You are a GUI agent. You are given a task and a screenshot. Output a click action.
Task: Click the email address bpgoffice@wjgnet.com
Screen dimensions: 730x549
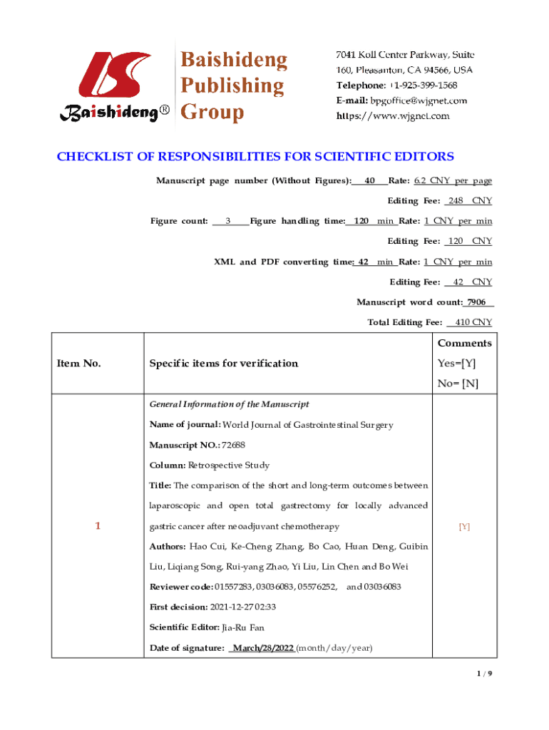(x=419, y=101)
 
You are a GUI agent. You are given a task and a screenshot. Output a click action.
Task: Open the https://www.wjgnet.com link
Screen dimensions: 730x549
(x=393, y=115)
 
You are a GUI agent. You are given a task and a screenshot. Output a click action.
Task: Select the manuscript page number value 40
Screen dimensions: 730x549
(x=369, y=181)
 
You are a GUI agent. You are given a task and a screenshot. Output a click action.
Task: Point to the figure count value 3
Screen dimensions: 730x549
(x=227, y=221)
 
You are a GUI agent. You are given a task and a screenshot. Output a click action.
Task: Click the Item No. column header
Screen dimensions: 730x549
(x=78, y=364)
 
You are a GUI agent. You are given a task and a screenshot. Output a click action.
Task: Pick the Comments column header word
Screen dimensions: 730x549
(x=464, y=344)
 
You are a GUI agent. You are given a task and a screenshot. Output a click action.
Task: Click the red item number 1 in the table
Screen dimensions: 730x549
(x=98, y=526)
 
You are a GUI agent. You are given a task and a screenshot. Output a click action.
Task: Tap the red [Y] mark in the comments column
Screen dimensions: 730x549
(x=464, y=527)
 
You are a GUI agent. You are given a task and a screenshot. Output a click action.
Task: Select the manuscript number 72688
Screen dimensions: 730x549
(x=234, y=445)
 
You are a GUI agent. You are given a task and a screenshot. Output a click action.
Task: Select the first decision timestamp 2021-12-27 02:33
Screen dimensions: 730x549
(x=242, y=607)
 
